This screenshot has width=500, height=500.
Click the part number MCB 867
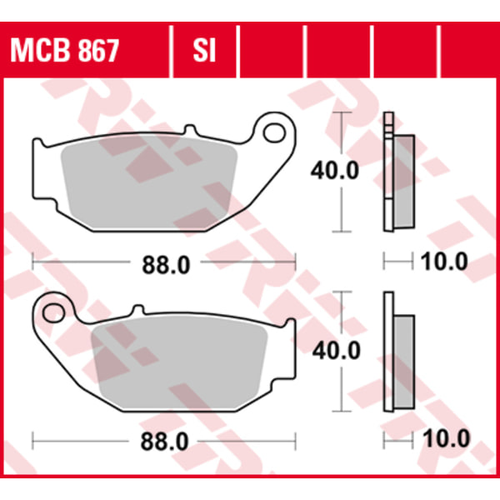coord(65,51)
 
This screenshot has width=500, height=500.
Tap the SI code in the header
coord(204,51)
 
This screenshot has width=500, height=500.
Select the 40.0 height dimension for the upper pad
coord(335,170)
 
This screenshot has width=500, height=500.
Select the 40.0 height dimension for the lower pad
coord(337,351)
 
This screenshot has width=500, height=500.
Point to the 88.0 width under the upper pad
coord(166,265)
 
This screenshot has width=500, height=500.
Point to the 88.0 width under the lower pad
coord(164,442)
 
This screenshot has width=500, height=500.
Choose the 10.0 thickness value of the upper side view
coord(444,262)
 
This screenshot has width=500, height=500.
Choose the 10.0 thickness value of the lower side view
coord(446,438)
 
